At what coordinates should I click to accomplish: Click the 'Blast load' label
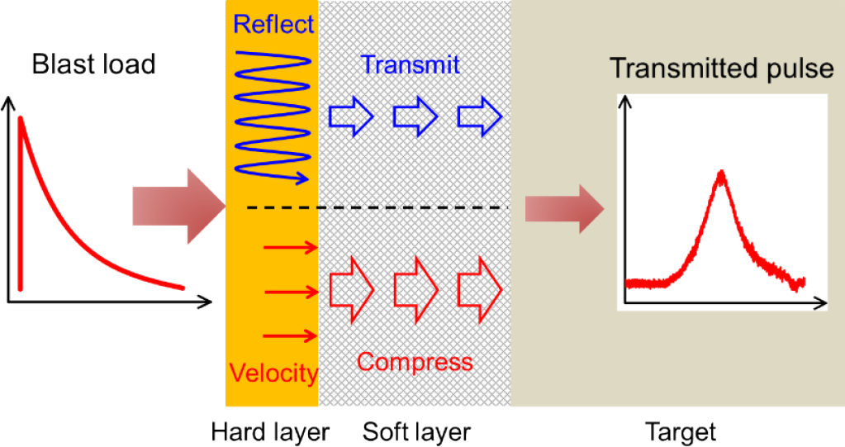click(x=93, y=64)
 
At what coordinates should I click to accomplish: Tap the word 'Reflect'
click(x=273, y=23)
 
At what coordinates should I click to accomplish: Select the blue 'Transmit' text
click(x=410, y=64)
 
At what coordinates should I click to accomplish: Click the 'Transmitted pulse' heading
click(x=722, y=69)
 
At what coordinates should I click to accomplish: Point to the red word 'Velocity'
click(x=273, y=373)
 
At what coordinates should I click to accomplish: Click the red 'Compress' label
click(x=415, y=362)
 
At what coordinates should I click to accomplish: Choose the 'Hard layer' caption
click(x=271, y=432)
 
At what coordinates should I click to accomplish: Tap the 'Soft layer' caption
click(x=416, y=432)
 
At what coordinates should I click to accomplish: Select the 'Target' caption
click(x=680, y=432)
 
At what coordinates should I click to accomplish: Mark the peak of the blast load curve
click(x=21, y=119)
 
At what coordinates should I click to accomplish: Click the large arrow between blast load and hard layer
click(x=178, y=207)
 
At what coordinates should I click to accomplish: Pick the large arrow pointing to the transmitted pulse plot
click(x=565, y=209)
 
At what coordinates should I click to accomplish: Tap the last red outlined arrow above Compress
click(x=480, y=284)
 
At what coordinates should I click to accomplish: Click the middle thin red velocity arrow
click(x=290, y=291)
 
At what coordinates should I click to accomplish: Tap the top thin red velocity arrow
click(x=290, y=246)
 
